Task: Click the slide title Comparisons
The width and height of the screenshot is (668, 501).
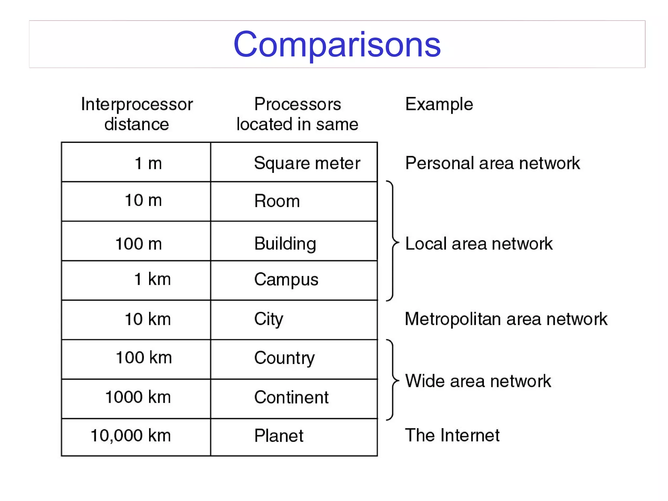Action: pyautogui.click(x=337, y=44)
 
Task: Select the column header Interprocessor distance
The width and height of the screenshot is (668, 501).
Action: pyautogui.click(x=137, y=114)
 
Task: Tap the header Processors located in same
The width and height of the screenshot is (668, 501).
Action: pyautogui.click(x=297, y=114)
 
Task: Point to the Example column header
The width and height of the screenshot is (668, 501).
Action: pyautogui.click(x=439, y=104)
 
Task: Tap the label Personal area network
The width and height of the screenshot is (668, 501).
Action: pyautogui.click(x=493, y=163)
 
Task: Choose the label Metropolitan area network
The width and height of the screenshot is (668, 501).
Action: pyautogui.click(x=506, y=319)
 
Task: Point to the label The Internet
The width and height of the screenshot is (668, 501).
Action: pyautogui.click(x=452, y=435)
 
